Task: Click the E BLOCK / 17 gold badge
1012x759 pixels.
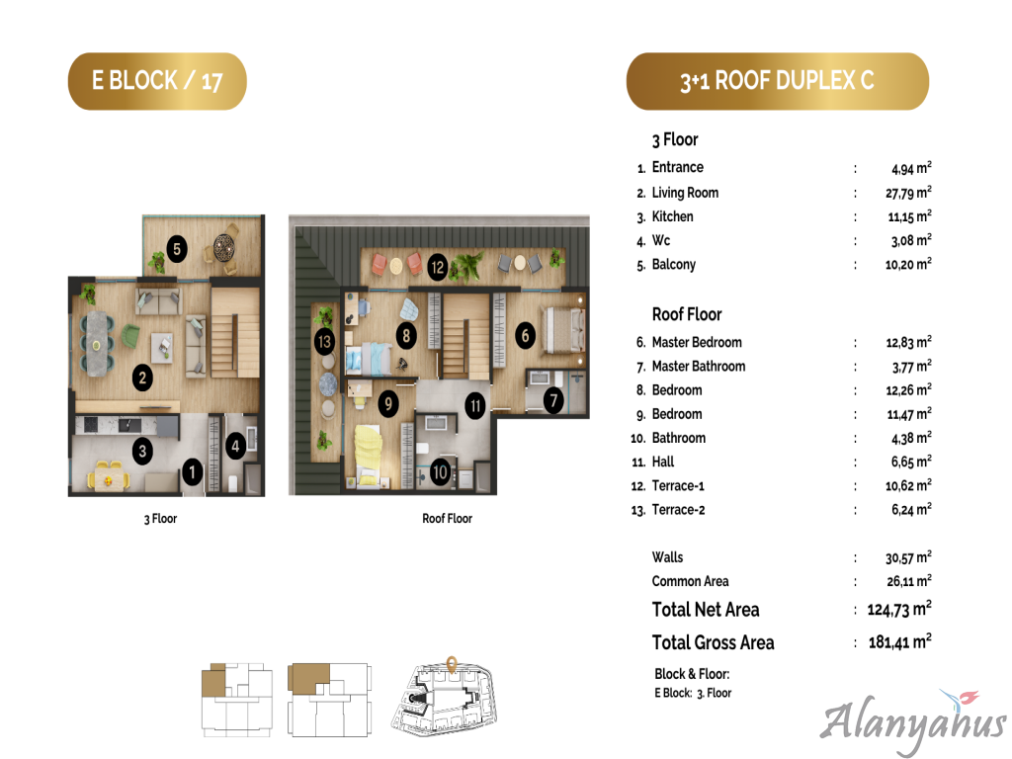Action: tap(157, 81)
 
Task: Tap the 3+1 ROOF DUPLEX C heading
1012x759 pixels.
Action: tap(777, 81)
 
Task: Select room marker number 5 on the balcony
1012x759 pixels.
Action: tap(176, 249)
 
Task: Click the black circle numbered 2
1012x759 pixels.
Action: tap(142, 378)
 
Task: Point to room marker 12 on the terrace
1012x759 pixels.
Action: tap(438, 267)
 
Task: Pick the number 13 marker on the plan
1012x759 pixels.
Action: tap(324, 341)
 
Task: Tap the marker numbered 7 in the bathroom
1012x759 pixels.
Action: tap(553, 400)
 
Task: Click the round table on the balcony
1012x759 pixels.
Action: tap(224, 247)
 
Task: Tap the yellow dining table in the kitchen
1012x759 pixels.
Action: tap(109, 476)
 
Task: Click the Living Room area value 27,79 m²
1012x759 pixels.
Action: tap(908, 193)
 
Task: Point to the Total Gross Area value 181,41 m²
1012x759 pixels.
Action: tap(899, 641)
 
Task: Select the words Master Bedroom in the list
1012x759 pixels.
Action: tap(697, 342)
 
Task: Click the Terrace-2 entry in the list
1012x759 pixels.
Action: tap(678, 510)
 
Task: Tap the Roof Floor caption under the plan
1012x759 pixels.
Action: tap(448, 518)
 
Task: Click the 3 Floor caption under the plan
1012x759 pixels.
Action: tap(160, 518)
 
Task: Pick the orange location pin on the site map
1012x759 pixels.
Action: tap(452, 664)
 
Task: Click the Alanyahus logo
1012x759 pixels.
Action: tap(912, 720)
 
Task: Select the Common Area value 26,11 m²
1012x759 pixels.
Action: tap(909, 581)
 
